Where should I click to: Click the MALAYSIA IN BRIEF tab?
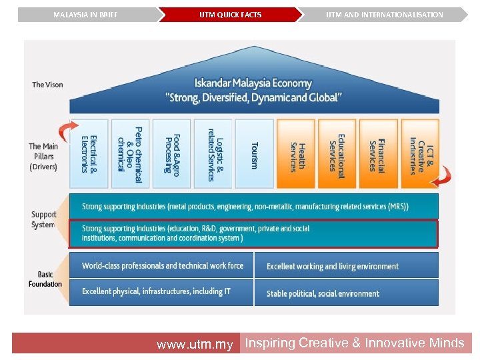click(85, 15)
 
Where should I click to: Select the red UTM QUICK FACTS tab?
click(230, 15)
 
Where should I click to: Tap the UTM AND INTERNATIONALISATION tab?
click(384, 15)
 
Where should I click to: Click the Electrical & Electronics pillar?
click(89, 154)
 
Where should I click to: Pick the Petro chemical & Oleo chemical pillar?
click(130, 154)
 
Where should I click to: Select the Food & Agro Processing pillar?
click(171, 154)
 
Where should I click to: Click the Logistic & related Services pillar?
click(213, 154)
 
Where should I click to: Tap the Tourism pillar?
click(254, 154)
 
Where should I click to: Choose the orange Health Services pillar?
click(296, 154)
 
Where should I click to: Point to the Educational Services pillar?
click(337, 154)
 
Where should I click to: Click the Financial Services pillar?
click(378, 154)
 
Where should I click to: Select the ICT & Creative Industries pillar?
click(419, 154)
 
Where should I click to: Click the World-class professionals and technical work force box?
click(161, 265)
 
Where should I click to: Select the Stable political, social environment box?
click(346, 293)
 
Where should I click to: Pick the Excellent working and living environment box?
click(346, 266)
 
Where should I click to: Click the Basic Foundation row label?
click(45, 279)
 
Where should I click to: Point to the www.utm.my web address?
click(195, 345)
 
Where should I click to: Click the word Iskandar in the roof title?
click(215, 83)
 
